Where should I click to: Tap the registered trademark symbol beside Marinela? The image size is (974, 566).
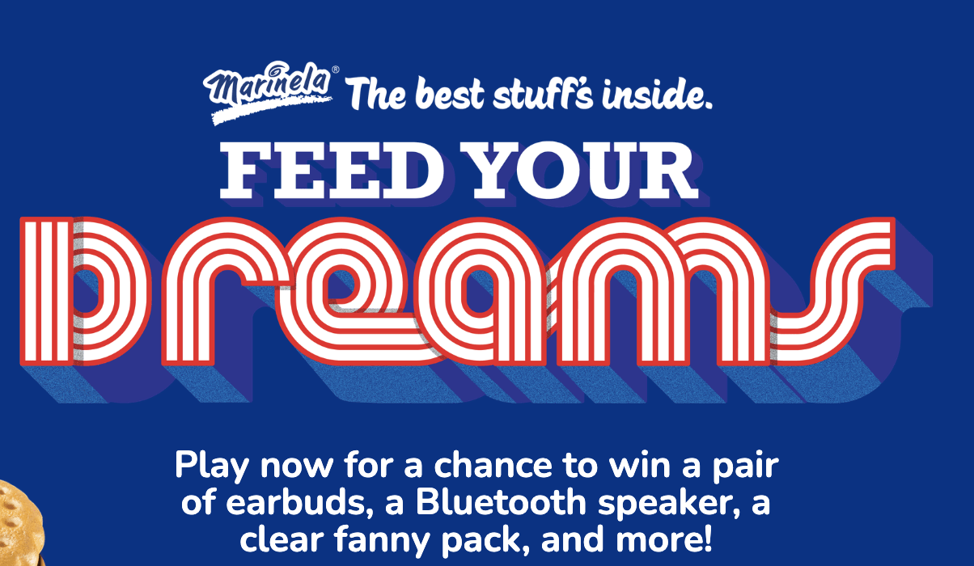pos(335,70)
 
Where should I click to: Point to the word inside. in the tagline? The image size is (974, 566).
pos(657,95)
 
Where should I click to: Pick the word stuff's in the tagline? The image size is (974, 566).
pos(543,94)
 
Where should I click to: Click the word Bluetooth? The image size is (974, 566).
pos(501,502)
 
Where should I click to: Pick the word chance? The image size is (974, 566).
pos(493,465)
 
